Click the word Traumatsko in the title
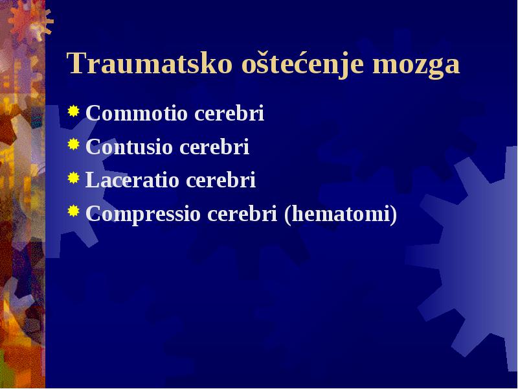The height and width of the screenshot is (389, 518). pos(150,63)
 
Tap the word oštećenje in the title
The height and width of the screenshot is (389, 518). pos(303,64)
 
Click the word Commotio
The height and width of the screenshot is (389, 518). pos(137,113)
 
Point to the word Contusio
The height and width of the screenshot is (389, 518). pos(129,147)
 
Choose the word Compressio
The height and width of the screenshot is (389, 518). pos(143,214)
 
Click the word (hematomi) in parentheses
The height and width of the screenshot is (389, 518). pos(341,214)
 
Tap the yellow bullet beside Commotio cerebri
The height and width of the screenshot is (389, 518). pos(74,111)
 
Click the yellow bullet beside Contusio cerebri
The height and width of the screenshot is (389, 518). pos(74,145)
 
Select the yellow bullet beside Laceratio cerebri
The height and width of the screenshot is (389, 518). pos(74,178)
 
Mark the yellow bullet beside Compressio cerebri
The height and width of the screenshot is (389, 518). pos(74,211)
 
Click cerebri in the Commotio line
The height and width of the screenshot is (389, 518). pos(229,113)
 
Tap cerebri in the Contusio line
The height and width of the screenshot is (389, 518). pos(214,147)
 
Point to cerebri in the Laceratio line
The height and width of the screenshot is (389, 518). pos(221,180)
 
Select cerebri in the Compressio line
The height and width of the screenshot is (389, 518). pos(242,213)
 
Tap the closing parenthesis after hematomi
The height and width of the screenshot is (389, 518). pos(394,215)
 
